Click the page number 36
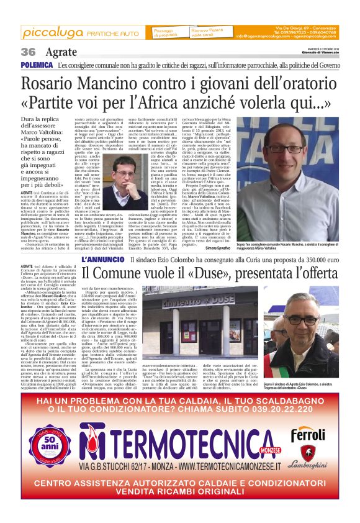[x=28, y=52]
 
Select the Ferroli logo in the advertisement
[x=309, y=432]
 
